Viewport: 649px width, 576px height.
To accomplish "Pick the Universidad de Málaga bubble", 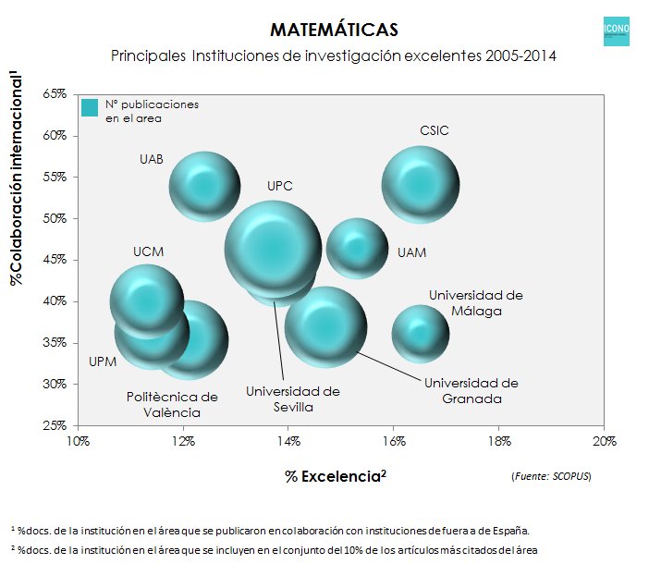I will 421,334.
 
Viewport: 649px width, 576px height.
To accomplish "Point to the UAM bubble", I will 357,248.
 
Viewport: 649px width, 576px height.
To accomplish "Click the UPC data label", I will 279,186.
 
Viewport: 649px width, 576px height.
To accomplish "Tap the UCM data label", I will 148,251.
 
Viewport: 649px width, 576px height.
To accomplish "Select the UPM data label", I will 102,362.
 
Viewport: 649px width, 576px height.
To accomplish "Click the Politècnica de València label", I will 172,405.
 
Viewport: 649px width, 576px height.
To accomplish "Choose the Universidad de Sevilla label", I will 292,398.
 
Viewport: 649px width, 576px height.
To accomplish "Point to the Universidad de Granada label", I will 471,390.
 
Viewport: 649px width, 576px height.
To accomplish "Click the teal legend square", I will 90,108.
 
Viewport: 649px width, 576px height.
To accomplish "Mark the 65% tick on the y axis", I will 54,94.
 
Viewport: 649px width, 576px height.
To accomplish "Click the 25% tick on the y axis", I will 54,425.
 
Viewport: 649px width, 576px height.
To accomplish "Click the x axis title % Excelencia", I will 335,476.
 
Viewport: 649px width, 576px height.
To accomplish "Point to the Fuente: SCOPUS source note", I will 550,476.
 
